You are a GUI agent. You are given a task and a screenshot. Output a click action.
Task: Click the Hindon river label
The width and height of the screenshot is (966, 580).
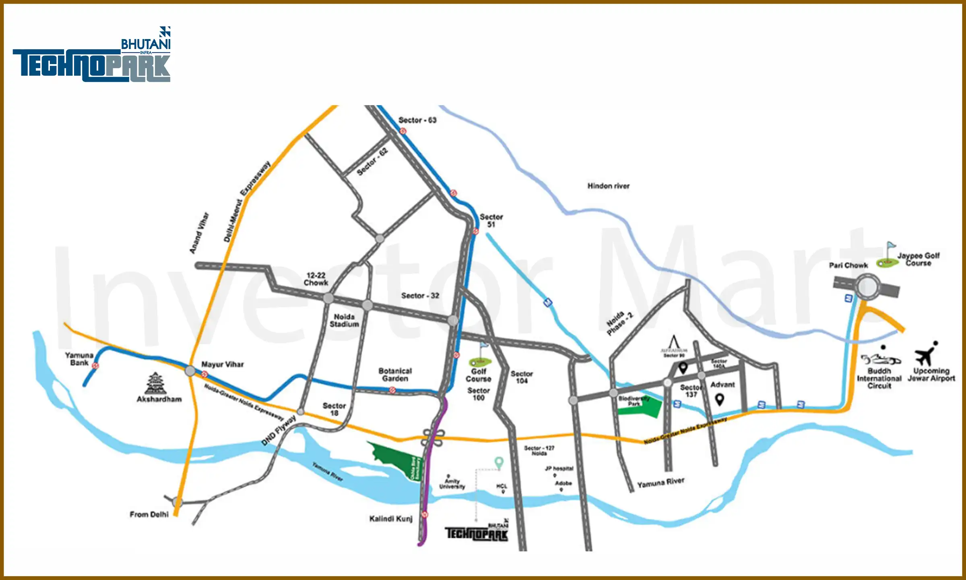coord(608,186)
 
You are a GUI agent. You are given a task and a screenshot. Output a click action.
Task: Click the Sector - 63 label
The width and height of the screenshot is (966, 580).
coord(417,120)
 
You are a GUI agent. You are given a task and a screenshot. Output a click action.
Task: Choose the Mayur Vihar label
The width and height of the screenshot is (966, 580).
coord(223,365)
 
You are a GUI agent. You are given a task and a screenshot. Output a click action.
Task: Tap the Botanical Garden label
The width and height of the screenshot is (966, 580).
coord(395,375)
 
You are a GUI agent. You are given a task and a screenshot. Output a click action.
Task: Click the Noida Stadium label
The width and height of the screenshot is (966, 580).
coord(344,321)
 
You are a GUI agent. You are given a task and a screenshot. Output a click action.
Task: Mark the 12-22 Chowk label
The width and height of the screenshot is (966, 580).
coord(316,279)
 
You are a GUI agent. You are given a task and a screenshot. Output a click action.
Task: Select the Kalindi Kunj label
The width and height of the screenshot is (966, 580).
coord(391,519)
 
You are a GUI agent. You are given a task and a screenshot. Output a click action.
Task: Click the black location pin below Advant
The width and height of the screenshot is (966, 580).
coord(720,399)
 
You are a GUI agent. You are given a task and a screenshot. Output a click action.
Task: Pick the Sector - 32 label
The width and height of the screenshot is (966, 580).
coord(420,296)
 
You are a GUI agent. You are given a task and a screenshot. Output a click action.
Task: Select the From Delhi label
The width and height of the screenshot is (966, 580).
coord(149,514)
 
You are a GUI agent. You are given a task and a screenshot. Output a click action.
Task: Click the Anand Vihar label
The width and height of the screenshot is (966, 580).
coord(199,233)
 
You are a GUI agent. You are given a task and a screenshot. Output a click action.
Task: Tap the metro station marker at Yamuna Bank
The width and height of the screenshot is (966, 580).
coord(95,366)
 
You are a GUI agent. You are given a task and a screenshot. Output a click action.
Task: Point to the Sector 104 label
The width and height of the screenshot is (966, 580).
coord(522,377)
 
